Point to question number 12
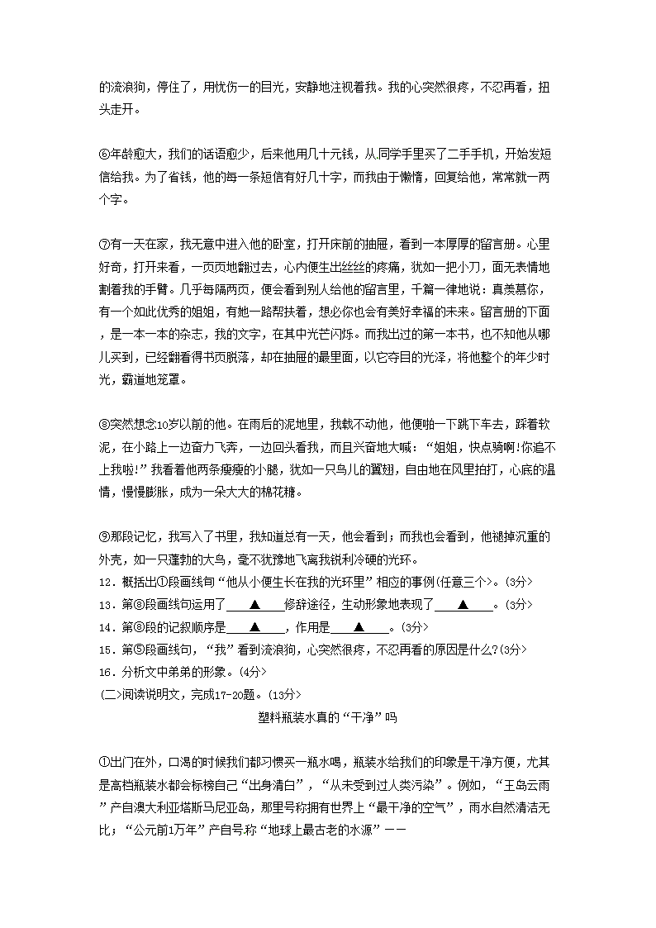[x=105, y=581]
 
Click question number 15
[x=105, y=649]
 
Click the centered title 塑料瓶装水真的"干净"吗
[x=328, y=718]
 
